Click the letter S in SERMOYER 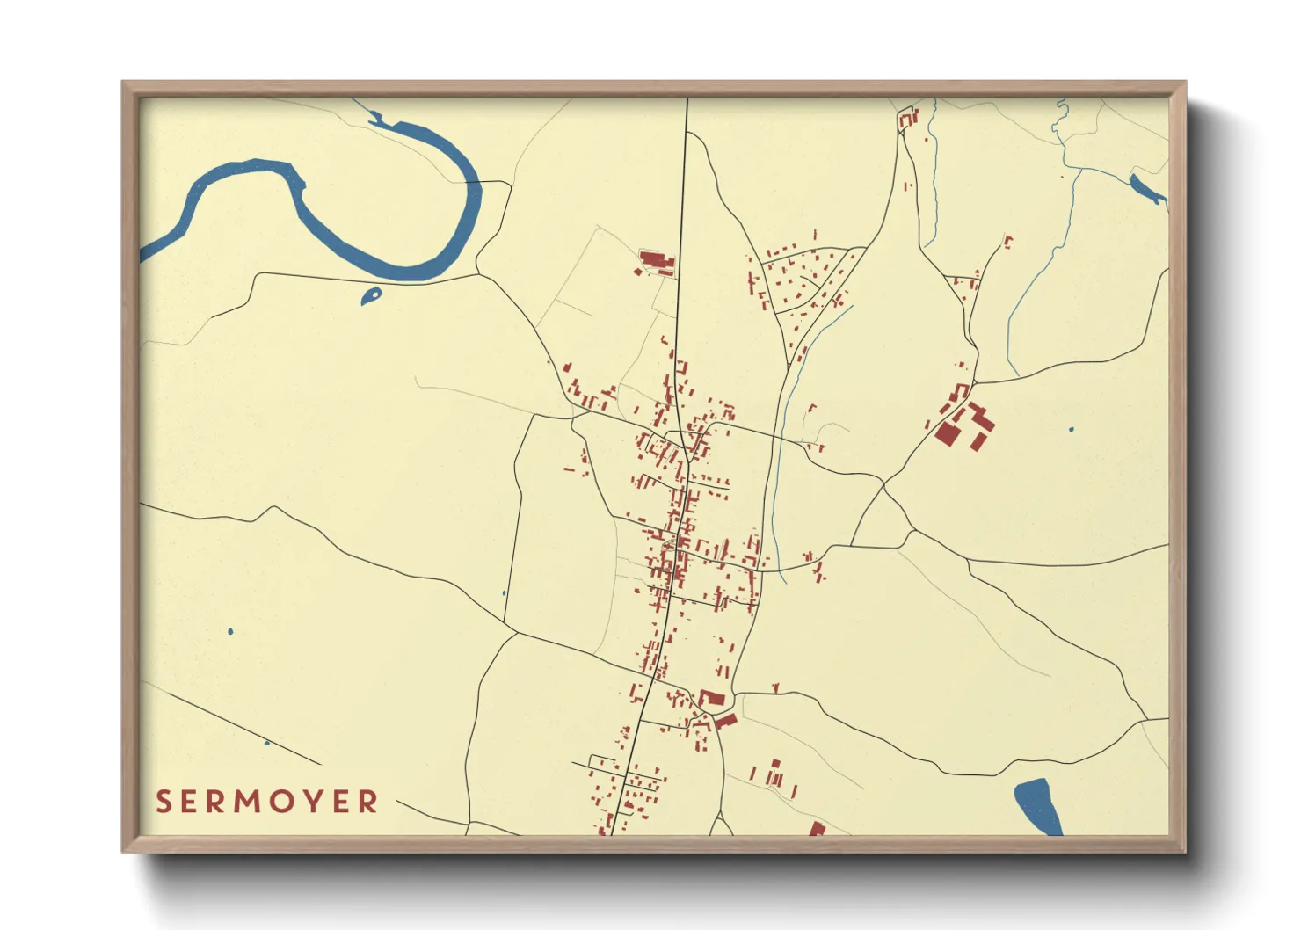(164, 802)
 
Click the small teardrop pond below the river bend (372, 296)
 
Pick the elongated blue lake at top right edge (1147, 189)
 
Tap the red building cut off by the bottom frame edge (817, 829)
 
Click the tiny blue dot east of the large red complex (1071, 430)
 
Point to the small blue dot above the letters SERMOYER (267, 744)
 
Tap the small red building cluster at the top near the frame (907, 118)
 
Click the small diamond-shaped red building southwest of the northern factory (640, 272)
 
